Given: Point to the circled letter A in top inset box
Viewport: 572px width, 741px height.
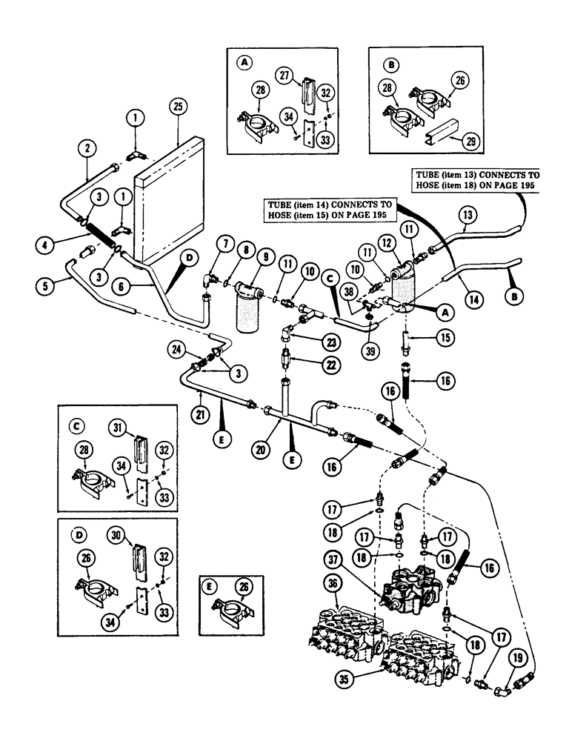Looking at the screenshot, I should tap(244, 64).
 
